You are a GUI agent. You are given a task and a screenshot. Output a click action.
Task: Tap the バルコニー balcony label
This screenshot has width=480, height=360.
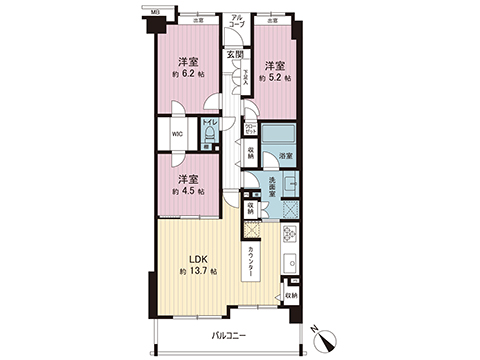click(230, 335)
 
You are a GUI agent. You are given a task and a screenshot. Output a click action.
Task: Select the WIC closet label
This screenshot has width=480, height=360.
click(175, 135)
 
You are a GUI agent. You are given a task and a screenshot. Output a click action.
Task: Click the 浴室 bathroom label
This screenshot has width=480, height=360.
click(285, 157)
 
